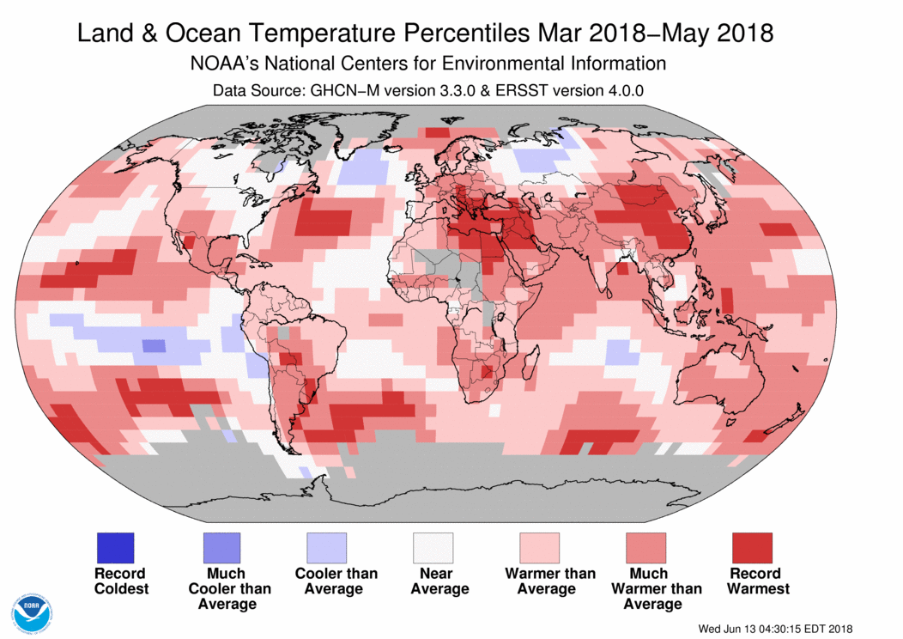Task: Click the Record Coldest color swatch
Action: pos(114,547)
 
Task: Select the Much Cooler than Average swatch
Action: pos(221,547)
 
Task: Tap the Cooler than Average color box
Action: pos(327,547)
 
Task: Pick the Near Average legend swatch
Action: pos(433,547)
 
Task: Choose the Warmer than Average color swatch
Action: pos(539,547)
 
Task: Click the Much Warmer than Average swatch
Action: pos(645,547)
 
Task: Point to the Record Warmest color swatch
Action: pos(751,547)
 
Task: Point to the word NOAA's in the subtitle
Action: pos(228,64)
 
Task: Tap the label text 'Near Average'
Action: pos(439,581)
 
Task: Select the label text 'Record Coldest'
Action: pos(120,581)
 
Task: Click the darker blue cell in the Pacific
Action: pos(153,346)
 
